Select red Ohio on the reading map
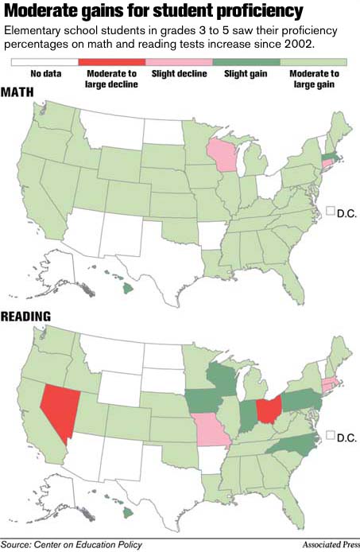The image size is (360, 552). click(270, 410)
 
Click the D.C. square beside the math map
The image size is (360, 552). click(331, 212)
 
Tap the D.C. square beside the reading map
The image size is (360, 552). click(331, 435)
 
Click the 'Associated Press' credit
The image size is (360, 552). click(327, 545)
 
